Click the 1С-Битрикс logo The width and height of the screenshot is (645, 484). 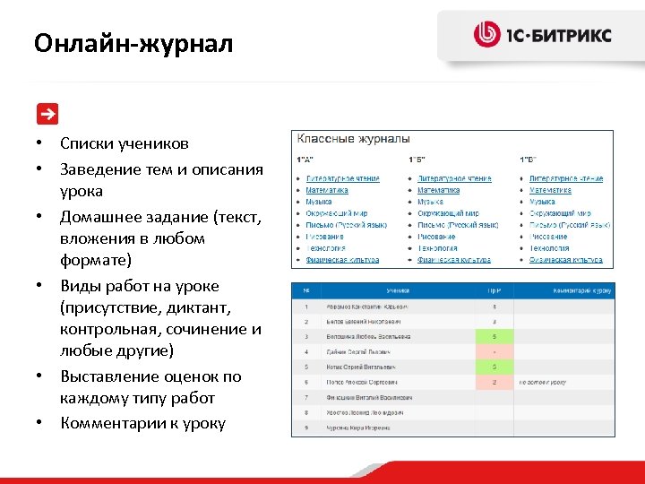542,35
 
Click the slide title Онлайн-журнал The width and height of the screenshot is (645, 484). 133,43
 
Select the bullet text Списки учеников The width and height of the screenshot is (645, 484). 125,143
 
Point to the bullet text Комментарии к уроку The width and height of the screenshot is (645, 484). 142,423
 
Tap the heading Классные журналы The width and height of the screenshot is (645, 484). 353,139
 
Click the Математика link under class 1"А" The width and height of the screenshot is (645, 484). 327,190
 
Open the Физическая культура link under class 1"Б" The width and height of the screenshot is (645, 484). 453,260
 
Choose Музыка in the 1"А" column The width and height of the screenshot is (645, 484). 320,202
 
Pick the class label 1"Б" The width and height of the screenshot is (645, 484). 416,160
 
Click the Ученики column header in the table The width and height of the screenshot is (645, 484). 399,291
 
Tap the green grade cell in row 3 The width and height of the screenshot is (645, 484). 494,336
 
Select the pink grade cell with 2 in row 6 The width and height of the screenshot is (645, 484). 494,382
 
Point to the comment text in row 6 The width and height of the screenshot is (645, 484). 543,382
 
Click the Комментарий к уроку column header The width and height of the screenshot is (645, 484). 564,291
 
